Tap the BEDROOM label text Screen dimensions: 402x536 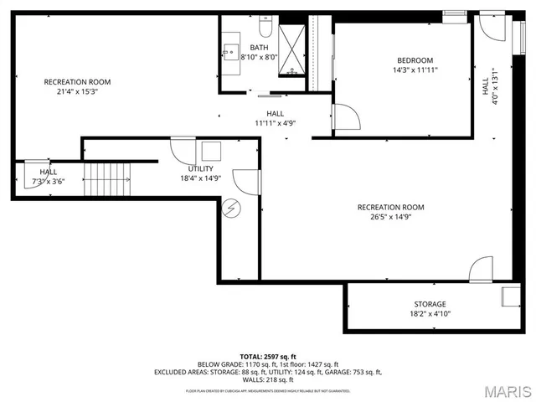point(415,60)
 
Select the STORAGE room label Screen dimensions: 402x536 point(429,304)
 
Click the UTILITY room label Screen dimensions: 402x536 point(201,168)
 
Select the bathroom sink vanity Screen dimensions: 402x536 point(230,48)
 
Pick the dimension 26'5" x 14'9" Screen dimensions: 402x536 point(390,217)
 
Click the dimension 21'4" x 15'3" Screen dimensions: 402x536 point(77,92)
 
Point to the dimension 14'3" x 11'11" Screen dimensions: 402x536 point(415,70)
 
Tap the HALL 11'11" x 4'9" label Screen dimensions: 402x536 point(275,118)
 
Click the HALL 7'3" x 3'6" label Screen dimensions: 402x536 point(49,177)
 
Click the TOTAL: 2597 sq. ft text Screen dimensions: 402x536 point(267,357)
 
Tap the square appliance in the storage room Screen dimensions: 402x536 point(509,296)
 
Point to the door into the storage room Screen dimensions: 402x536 point(482,271)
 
